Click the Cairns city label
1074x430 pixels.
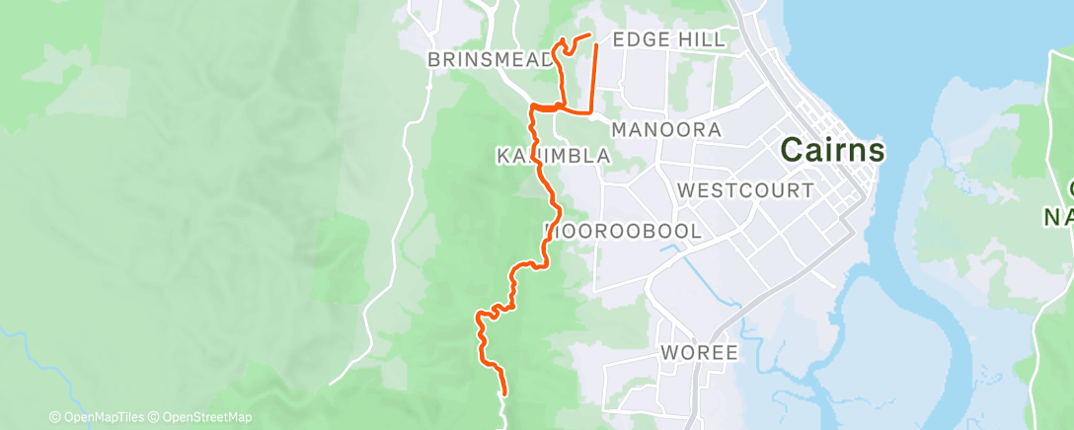point(832,151)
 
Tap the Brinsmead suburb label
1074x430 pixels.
point(491,60)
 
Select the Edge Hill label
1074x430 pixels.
point(668,39)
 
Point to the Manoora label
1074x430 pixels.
point(666,129)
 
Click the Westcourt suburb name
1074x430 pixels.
point(746,189)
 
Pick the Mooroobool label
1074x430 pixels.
point(624,232)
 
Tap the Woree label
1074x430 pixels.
point(700,353)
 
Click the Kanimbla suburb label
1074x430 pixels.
point(554,156)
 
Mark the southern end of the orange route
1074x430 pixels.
point(504,394)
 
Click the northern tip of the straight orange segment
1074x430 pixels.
point(595,45)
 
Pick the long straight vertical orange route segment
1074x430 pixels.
point(594,79)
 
